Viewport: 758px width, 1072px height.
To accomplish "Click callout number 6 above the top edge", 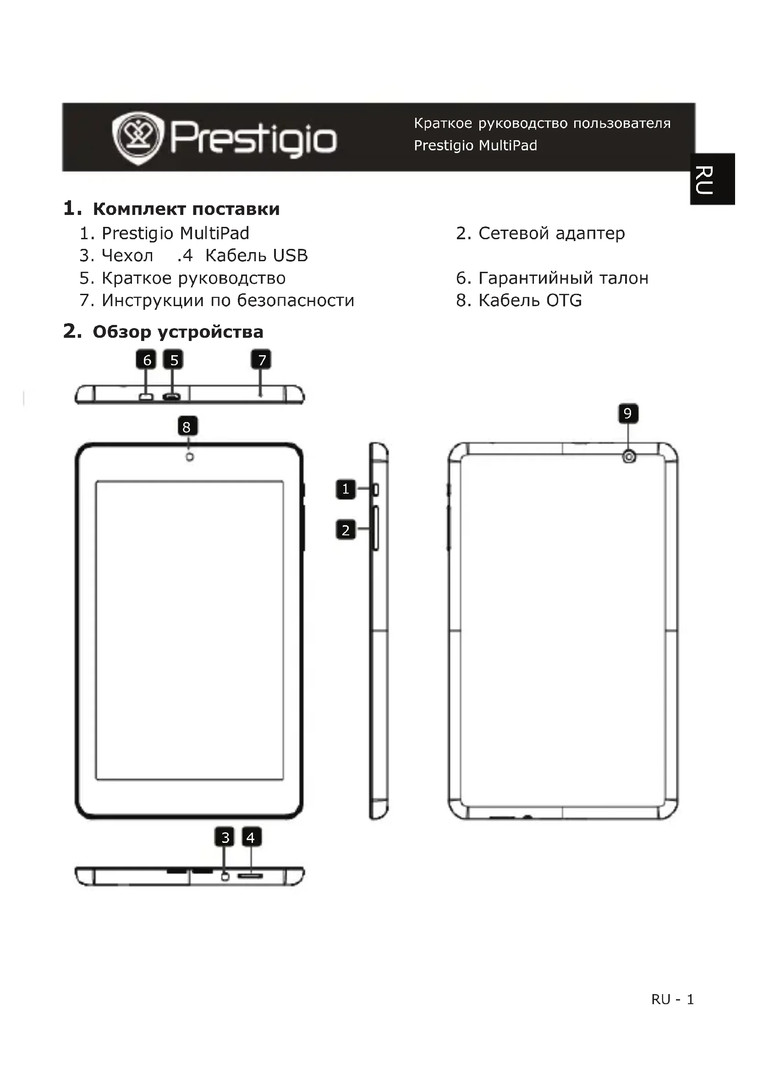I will click(146, 360).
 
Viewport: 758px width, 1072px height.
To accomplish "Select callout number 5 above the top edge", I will click(174, 360).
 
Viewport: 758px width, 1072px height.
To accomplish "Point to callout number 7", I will click(261, 360).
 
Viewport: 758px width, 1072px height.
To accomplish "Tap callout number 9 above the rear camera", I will click(628, 413).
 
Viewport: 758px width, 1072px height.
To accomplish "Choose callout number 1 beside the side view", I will click(346, 489).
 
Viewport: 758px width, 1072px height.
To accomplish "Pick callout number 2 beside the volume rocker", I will click(346, 530).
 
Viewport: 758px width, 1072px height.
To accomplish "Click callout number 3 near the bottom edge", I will click(225, 837).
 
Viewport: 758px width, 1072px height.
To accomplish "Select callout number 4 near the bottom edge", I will click(251, 837).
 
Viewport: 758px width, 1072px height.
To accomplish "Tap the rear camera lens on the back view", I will click(629, 456).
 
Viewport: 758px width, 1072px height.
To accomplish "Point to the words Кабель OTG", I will click(530, 300).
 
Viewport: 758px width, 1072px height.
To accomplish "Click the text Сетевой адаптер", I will click(551, 233).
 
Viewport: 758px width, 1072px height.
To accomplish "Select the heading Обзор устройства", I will click(178, 332).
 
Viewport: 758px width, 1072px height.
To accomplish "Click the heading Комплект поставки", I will click(186, 209).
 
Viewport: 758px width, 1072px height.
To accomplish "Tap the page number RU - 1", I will click(672, 999).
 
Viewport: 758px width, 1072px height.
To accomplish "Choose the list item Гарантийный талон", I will click(563, 278).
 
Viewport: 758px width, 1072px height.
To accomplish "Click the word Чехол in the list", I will click(127, 255).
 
